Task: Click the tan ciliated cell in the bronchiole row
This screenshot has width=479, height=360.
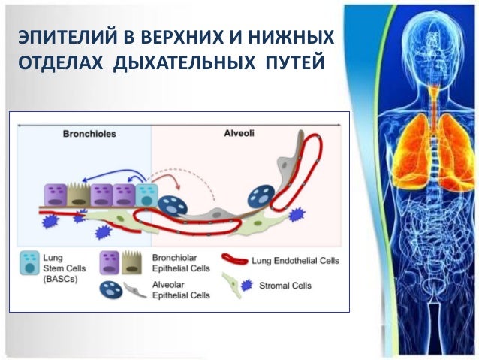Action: pyautogui.click(x=77, y=196)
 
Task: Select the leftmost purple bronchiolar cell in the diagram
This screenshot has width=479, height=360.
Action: pyautogui.click(x=55, y=196)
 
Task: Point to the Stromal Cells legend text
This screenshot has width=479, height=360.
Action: pyautogui.click(x=283, y=286)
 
